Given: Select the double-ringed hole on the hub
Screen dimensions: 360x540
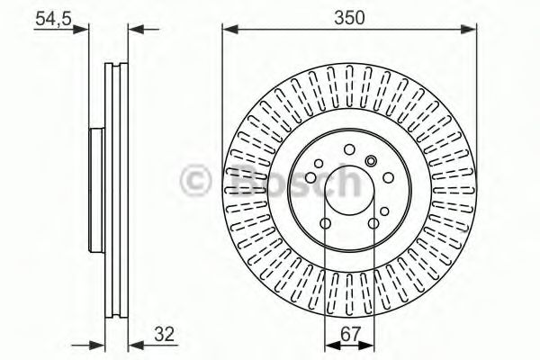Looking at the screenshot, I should pyautogui.click(x=370, y=162).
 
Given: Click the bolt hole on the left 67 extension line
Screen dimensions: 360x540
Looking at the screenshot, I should pyautogui.click(x=324, y=220).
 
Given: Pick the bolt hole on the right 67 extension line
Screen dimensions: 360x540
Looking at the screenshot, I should pyautogui.click(x=371, y=220).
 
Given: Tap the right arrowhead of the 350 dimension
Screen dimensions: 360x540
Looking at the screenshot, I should pyautogui.click(x=469, y=30).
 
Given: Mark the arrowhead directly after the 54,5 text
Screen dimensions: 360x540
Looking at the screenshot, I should pyautogui.click(x=85, y=30).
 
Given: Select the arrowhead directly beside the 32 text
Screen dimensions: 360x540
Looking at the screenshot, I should pyautogui.click(x=135, y=343).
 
